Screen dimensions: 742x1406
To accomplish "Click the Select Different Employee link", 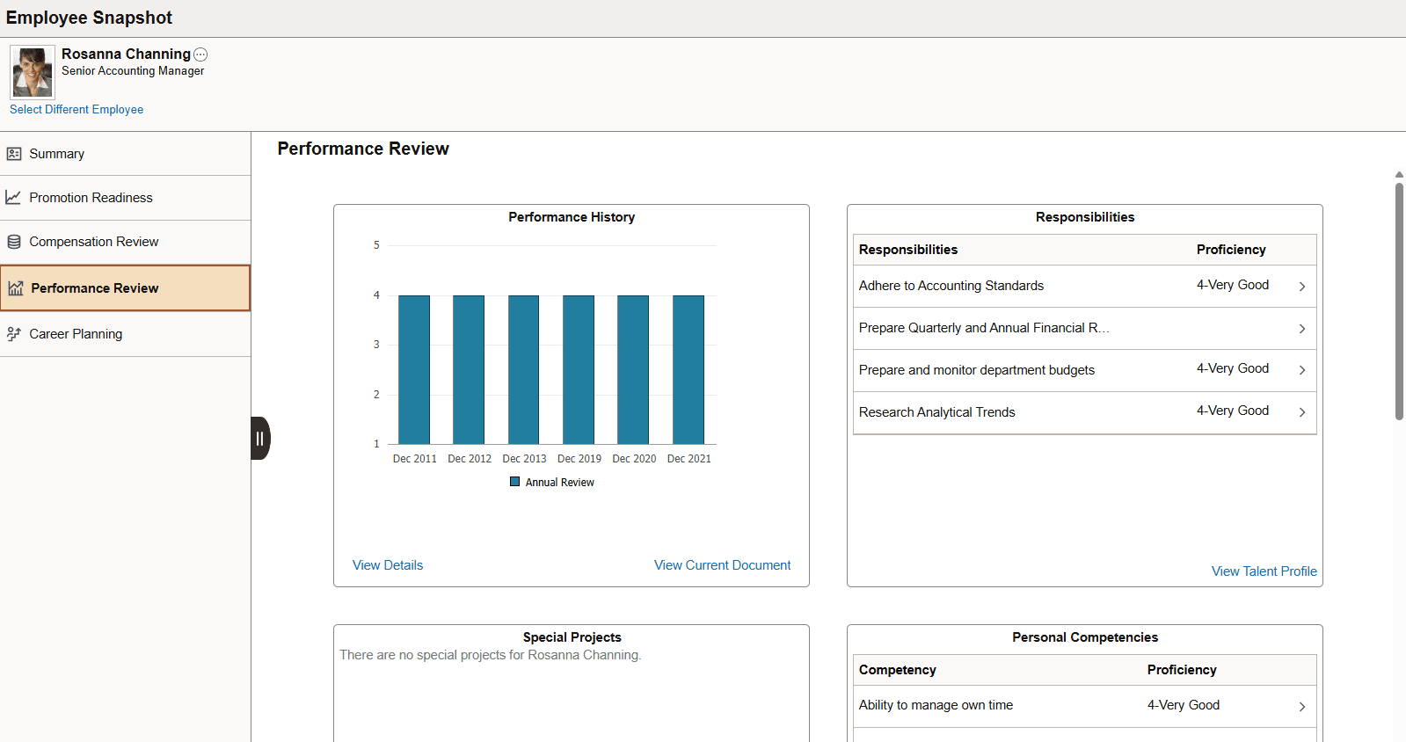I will (76, 110).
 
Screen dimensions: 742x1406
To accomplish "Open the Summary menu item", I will (57, 154).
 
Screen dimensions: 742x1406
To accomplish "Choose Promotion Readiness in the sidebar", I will (91, 198).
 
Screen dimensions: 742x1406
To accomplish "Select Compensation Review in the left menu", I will (93, 242).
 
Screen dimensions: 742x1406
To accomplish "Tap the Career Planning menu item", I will (76, 334).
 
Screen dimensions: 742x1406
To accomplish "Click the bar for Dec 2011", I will (414, 369).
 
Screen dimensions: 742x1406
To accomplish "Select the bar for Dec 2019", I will (579, 369).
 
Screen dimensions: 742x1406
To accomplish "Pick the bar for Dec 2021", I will (688, 369).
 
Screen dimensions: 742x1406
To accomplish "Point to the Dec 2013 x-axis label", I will (524, 459).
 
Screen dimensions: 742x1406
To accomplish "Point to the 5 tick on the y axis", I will (376, 245).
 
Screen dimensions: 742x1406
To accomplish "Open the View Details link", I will (388, 565).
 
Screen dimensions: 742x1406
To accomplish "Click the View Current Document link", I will (722, 565).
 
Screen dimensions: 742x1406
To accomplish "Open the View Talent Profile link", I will (1264, 571).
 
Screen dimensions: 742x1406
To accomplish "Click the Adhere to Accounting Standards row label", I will (951, 286).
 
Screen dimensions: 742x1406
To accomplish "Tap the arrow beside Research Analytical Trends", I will (1302, 412).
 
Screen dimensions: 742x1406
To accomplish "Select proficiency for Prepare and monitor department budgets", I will (1232, 369).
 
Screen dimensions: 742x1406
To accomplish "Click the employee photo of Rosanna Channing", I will (33, 72).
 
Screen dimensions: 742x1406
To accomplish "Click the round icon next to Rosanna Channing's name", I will (200, 55).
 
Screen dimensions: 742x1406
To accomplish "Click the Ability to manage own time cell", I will (936, 705).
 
